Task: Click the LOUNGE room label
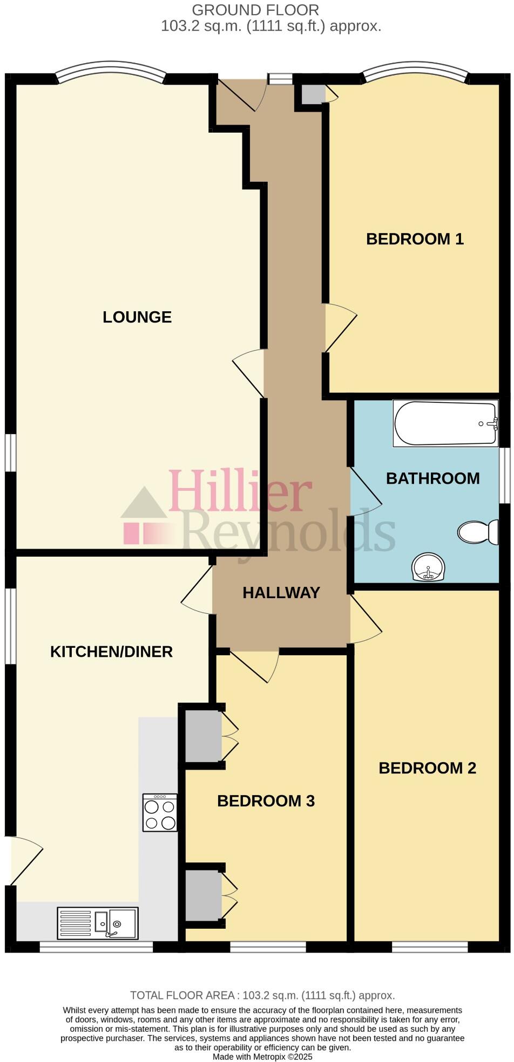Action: click(137, 317)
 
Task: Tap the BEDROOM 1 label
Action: click(415, 239)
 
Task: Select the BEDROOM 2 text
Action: click(427, 768)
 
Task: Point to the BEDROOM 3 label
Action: click(266, 801)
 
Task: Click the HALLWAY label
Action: click(281, 593)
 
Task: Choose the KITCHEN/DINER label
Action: click(111, 652)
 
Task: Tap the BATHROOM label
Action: click(432, 478)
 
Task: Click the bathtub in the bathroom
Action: click(445, 423)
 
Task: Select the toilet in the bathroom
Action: click(478, 532)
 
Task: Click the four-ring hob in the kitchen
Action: click(160, 812)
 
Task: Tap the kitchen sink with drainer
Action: click(98, 923)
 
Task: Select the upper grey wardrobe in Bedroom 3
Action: click(203, 736)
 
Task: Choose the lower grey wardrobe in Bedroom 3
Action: click(203, 896)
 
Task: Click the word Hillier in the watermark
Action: click(240, 491)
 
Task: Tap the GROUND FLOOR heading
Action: click(255, 10)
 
